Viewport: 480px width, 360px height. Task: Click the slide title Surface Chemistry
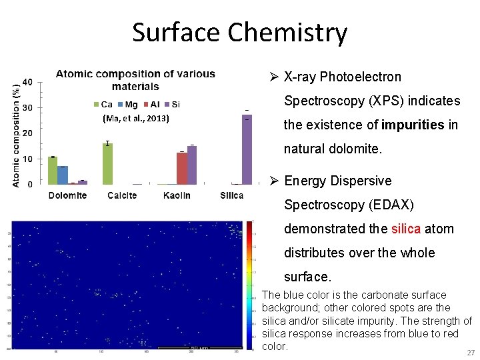click(x=239, y=33)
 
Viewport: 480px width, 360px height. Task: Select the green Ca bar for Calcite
click(x=107, y=164)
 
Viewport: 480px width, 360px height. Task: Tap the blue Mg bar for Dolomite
click(x=63, y=175)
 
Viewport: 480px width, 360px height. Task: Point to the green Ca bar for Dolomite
click(x=53, y=171)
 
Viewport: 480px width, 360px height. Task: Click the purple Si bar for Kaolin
click(x=192, y=165)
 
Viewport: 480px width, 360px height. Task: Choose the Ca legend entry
click(x=103, y=104)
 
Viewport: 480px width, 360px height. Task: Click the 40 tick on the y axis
click(x=28, y=82)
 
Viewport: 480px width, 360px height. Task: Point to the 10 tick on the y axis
click(x=28, y=159)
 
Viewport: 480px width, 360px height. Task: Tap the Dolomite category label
click(x=67, y=195)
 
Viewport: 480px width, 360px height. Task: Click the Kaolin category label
click(x=177, y=195)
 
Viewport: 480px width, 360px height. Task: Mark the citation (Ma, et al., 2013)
click(x=136, y=119)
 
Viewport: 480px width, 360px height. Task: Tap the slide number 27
click(x=471, y=353)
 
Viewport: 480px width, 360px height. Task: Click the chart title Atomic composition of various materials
click(x=135, y=80)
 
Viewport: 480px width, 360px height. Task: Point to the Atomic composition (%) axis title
click(x=17, y=134)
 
